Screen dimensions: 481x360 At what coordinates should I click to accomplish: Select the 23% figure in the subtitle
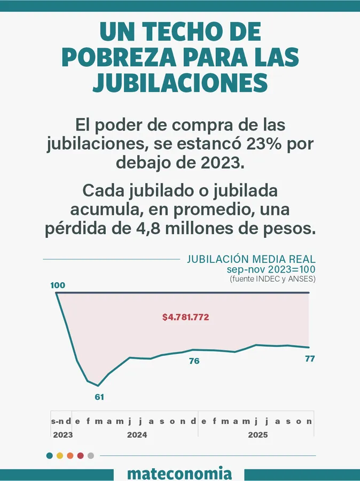265,144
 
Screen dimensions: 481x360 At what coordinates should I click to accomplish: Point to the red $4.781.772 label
185,317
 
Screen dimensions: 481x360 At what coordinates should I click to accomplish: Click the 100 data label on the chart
58,285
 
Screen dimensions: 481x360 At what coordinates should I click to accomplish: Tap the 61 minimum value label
99,397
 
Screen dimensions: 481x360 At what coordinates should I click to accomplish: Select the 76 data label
194,361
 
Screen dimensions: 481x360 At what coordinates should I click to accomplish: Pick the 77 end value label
310,358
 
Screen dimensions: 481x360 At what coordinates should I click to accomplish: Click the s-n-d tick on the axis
61,421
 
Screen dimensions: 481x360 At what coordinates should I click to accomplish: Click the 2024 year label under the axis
137,435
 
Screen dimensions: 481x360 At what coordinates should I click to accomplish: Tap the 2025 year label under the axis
258,435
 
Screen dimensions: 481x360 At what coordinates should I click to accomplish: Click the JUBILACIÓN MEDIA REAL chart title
251,260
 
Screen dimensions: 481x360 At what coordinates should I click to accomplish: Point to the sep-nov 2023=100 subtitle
270,270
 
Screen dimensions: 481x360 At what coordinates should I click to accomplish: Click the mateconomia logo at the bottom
180,474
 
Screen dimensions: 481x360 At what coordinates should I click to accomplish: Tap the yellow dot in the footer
60,456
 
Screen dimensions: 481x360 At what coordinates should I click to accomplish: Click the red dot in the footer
80,456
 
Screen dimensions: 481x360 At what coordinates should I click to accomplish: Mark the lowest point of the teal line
98,385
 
